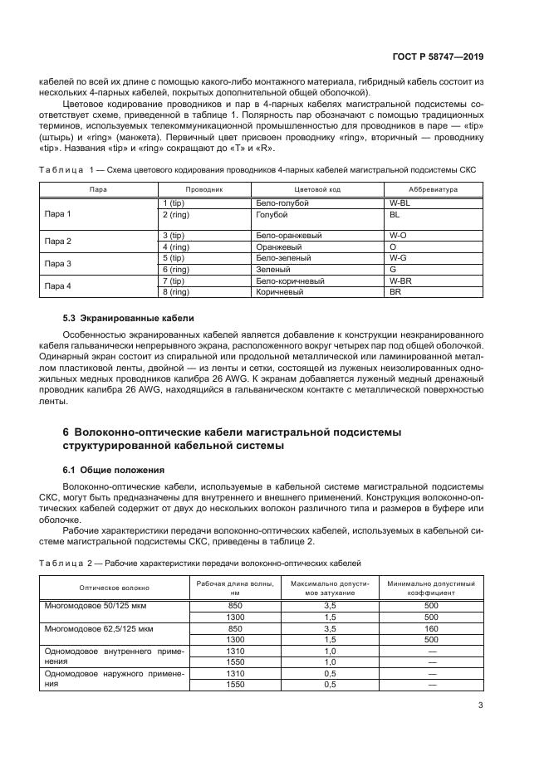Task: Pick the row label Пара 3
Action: click(57, 264)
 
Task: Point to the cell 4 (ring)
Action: click(177, 246)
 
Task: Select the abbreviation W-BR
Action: click(400, 281)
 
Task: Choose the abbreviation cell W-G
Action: click(396, 258)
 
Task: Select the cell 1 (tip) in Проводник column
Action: click(175, 202)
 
